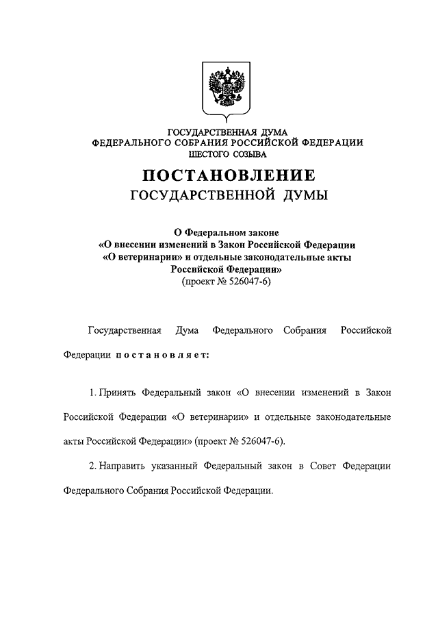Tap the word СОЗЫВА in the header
[x=248, y=154]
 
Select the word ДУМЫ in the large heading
[x=304, y=197]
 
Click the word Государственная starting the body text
[x=125, y=332]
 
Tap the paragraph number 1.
[x=92, y=393]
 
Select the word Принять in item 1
[x=117, y=393]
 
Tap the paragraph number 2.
[x=92, y=467]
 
